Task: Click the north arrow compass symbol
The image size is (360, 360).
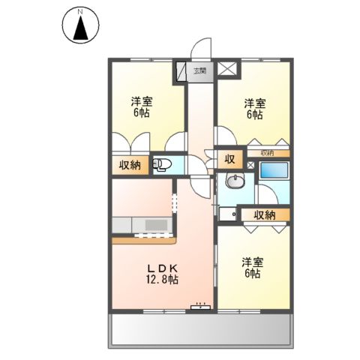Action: [x=80, y=26]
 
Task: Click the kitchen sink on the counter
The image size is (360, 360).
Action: [x=156, y=225]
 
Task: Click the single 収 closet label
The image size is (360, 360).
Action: [x=229, y=158]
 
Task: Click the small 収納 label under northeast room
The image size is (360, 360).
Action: [x=268, y=153]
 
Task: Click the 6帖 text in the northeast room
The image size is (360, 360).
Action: [x=253, y=115]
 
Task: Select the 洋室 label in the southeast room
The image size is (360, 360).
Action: [x=251, y=262]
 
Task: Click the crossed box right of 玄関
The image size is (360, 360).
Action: [x=228, y=70]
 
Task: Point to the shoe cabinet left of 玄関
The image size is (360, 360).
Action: [x=181, y=72]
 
